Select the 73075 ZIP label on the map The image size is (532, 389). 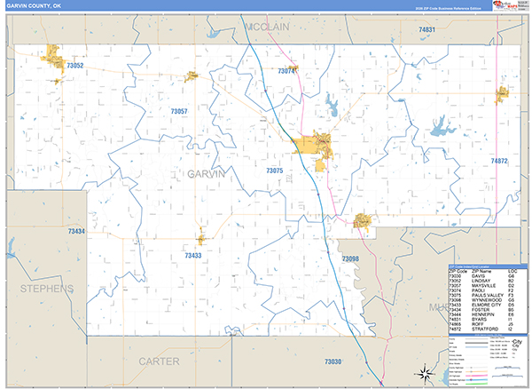point(274,170)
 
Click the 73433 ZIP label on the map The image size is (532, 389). point(193,255)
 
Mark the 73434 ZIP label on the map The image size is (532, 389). point(75,232)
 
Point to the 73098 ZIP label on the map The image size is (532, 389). point(350,258)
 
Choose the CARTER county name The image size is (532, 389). point(159,361)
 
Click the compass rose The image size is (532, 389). point(426,373)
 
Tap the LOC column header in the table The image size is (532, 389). point(512,271)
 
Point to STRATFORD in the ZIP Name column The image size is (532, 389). point(484,330)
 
